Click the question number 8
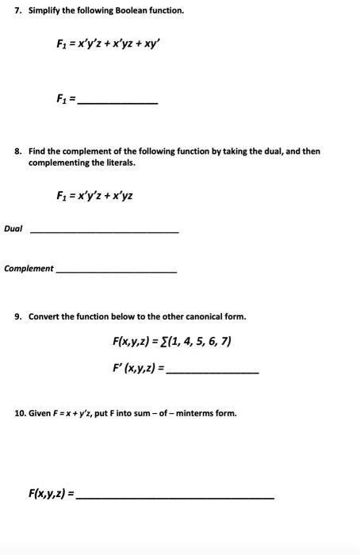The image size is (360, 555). click(17, 151)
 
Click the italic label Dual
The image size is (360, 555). click(13, 229)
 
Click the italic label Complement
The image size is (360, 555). click(29, 269)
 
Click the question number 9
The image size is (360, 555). click(17, 317)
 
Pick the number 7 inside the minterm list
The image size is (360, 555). click(226, 343)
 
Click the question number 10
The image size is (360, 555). click(20, 414)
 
